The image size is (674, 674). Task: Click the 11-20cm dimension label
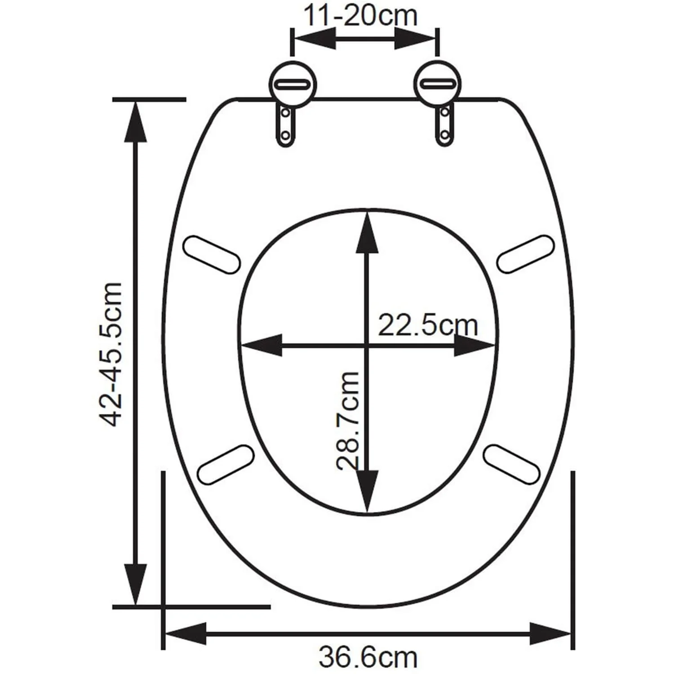click(361, 16)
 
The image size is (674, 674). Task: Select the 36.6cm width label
click(368, 657)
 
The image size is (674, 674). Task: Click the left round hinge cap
click(293, 84)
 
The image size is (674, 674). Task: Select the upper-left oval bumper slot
click(211, 254)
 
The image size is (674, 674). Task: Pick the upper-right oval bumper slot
click(526, 254)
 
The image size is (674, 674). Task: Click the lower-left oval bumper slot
click(226, 464)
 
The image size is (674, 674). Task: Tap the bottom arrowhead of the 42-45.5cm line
click(135, 584)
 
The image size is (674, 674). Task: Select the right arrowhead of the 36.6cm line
click(550, 634)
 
